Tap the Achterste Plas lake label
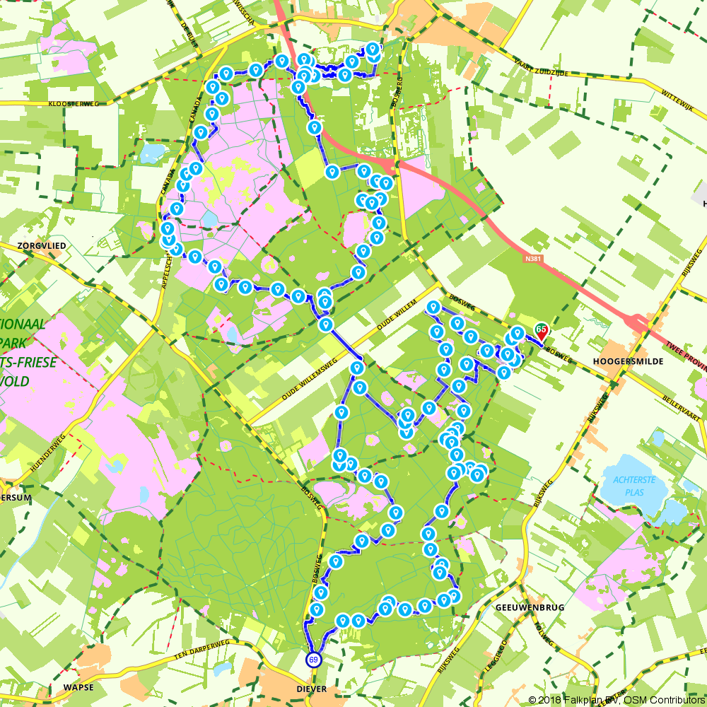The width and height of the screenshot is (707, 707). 634,486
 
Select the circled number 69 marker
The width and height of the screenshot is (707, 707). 312,660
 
